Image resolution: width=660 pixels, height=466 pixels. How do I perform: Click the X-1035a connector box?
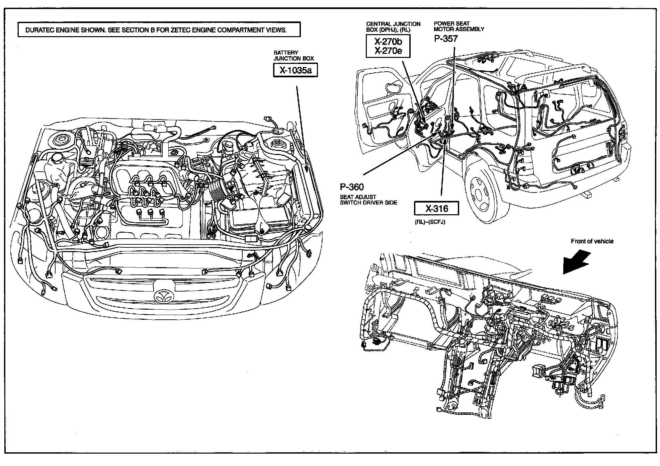pyautogui.click(x=295, y=70)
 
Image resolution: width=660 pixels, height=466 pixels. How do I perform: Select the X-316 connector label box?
pyautogui.click(x=436, y=209)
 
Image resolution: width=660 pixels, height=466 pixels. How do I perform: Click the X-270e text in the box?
pyautogui.click(x=388, y=51)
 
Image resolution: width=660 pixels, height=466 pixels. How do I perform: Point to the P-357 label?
pyautogui.click(x=445, y=38)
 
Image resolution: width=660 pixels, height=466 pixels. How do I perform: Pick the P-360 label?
pyautogui.click(x=351, y=187)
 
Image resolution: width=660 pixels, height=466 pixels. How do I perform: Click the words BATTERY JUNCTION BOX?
pyautogui.click(x=294, y=56)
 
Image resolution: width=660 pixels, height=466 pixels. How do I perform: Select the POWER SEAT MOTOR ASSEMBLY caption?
pyautogui.click(x=459, y=26)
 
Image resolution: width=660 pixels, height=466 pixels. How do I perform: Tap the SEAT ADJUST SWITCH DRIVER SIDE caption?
pyautogui.click(x=368, y=200)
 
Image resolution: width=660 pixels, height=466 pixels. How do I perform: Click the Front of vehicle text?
pyautogui.click(x=592, y=241)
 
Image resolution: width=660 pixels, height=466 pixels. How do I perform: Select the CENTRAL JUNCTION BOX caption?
pyautogui.click(x=393, y=26)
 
